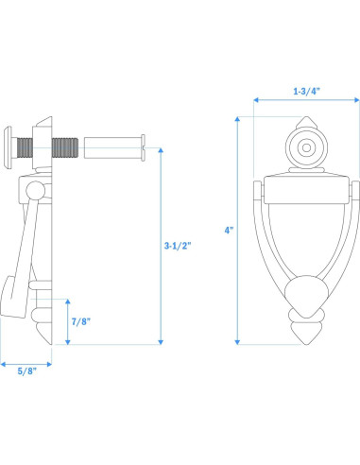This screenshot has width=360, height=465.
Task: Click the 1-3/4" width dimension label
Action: [306, 92]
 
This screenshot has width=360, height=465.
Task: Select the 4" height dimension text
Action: [228, 231]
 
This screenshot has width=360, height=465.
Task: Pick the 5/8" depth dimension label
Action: [26, 371]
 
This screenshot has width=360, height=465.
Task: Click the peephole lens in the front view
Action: [306, 148]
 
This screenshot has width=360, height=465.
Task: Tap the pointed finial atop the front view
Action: [305, 125]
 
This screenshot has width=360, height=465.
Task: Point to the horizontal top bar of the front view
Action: [306, 188]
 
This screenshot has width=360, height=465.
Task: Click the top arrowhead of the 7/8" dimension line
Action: [68, 300]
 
